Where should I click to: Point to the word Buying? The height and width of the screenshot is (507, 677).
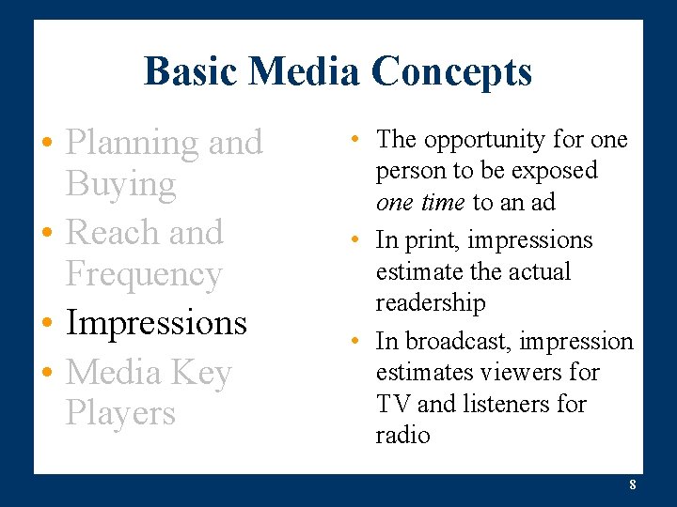click(120, 185)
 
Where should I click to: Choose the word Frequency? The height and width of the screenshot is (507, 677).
click(144, 274)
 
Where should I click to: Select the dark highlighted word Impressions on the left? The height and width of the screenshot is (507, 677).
click(156, 322)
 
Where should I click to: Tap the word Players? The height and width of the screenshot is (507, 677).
click(120, 413)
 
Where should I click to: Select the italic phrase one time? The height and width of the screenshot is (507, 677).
click(419, 202)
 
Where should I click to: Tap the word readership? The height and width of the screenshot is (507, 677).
click(431, 303)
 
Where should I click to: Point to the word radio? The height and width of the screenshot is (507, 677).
click(402, 436)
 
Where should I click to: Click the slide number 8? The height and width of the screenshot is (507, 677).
click(633, 485)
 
